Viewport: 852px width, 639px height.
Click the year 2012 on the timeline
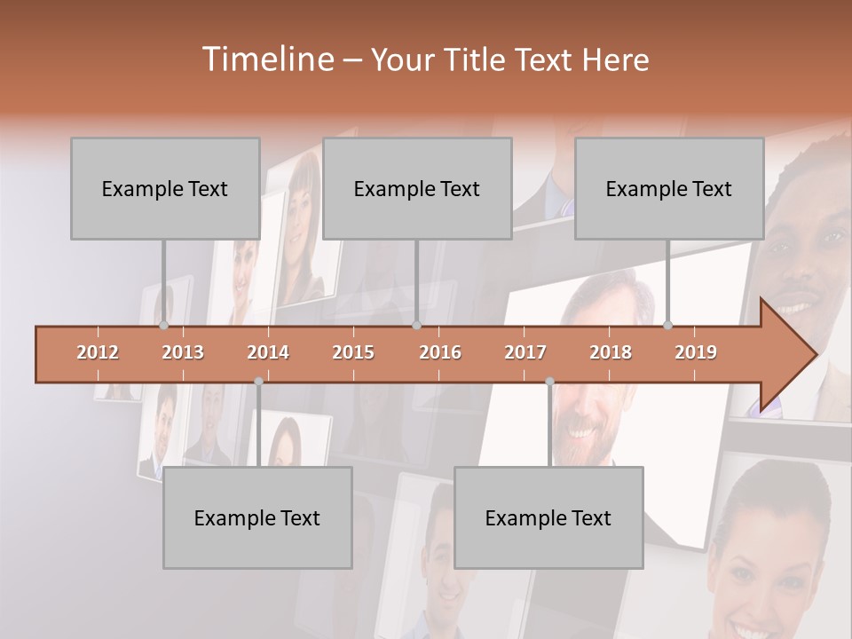pos(98,352)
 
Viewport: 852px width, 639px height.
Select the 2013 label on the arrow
pos(183,352)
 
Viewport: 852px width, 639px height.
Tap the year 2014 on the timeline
pos(268,352)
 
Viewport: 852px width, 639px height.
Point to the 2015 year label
pos(353,352)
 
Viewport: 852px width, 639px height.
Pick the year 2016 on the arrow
pos(440,352)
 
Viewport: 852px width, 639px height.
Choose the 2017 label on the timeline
pos(525,352)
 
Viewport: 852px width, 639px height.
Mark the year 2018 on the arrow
pos(611,352)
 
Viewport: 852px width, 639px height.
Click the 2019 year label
pos(696,352)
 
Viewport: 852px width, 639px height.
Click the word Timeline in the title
pos(266,59)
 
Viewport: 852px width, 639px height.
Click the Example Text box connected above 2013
pos(165,188)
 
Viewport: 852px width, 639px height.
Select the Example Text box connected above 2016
pos(417,188)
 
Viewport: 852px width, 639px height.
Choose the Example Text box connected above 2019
pos(669,188)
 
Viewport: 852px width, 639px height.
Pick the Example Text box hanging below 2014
pos(257,517)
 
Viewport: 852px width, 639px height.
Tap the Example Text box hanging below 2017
pos(548,517)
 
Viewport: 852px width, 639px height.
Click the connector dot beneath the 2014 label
pos(258,382)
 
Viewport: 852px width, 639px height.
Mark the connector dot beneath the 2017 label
pos(549,382)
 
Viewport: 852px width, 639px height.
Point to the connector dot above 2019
pos(668,325)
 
